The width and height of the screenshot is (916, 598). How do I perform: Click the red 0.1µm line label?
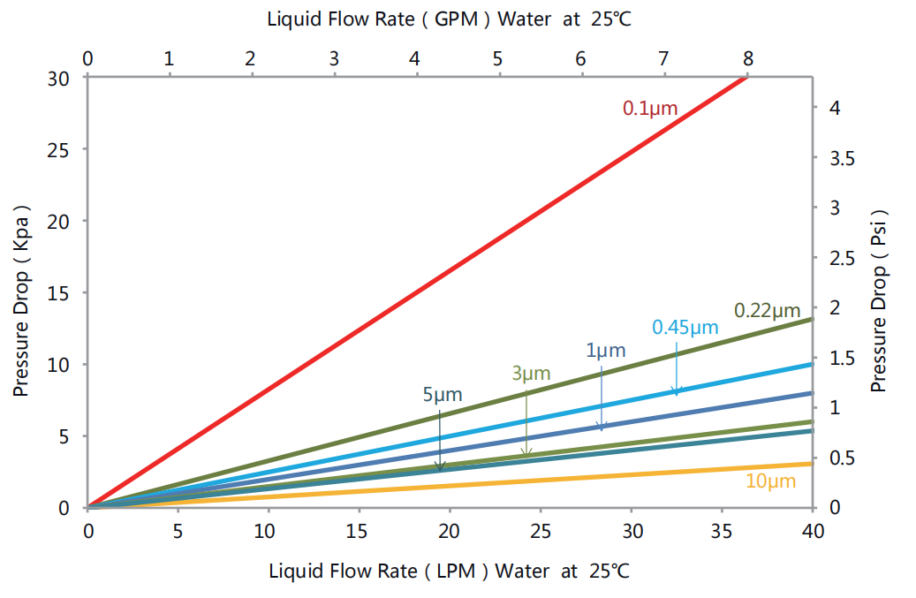click(x=649, y=109)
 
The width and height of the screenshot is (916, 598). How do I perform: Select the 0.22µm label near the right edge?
click(x=767, y=310)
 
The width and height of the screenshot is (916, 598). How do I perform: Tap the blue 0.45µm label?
click(x=685, y=327)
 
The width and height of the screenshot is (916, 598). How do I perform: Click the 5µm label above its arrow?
click(x=442, y=395)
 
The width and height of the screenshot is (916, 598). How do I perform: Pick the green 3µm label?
click(x=531, y=373)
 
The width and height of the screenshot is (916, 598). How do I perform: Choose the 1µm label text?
click(x=605, y=350)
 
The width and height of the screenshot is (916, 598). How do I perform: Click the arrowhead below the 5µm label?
click(x=440, y=466)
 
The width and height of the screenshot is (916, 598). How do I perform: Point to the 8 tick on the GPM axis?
click(x=748, y=59)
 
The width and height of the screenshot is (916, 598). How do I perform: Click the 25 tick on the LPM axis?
click(x=541, y=531)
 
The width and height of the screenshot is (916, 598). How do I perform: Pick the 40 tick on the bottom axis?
click(x=812, y=531)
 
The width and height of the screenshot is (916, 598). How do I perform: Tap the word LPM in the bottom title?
click(x=458, y=571)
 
